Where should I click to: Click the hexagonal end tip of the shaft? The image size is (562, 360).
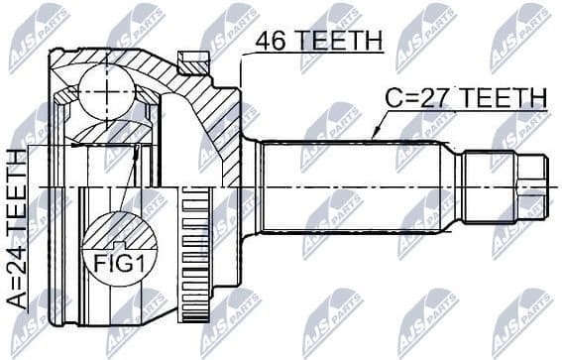[x=535, y=186]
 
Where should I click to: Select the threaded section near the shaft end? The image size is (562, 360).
[x=496, y=186]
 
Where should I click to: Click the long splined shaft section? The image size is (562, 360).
[x=357, y=186]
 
